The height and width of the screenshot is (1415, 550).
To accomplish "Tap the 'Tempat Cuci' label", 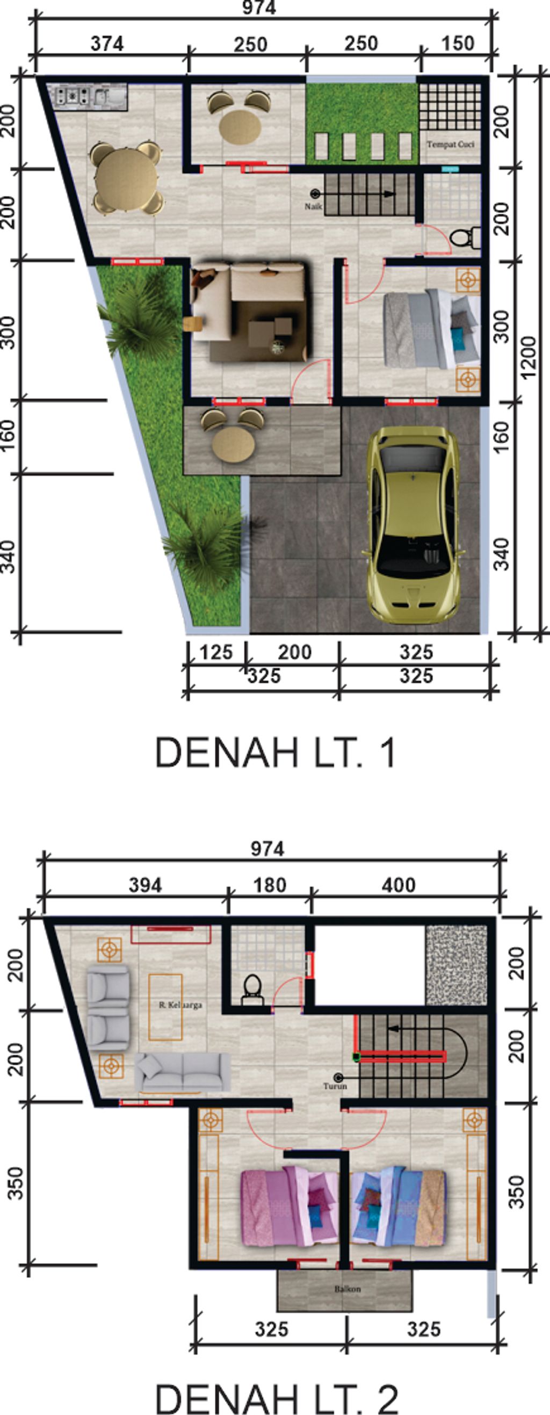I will pos(451,145).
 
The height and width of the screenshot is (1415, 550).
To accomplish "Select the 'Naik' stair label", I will pos(313,206).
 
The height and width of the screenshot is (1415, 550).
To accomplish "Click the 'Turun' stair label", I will pos(335,1086).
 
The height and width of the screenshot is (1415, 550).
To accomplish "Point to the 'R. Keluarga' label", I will pos(180,1005).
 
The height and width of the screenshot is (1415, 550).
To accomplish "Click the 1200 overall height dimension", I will pos(528,358).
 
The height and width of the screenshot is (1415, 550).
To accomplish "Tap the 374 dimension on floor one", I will pos(107,44).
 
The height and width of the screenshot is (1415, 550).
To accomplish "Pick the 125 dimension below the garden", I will pos(216,653).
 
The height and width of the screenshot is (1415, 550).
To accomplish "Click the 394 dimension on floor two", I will pos(145,885).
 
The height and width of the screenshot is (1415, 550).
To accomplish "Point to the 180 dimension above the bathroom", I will pos(269,885).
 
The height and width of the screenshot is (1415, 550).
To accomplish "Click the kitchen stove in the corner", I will pos(71,97).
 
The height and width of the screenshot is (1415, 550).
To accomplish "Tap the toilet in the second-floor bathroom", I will pos(252,986).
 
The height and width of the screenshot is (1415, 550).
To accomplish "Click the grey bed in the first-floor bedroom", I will pos(429,330).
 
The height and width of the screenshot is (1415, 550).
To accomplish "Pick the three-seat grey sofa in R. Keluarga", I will pos(183,1072).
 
